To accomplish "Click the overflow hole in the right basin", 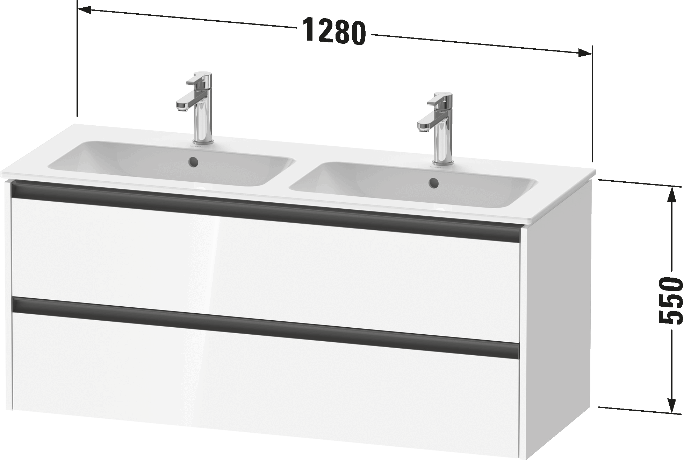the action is [434, 182].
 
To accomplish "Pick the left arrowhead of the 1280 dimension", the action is [84, 10].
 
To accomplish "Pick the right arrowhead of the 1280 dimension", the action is [585, 53].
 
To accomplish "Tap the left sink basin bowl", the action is [171, 163].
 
